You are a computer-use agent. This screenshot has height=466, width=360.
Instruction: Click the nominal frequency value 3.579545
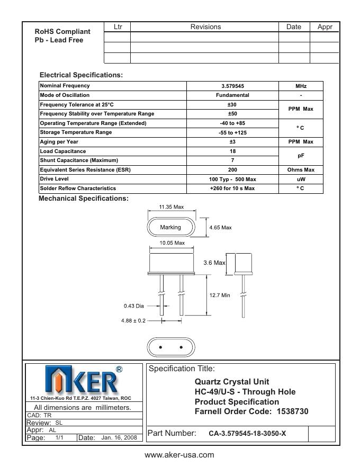click(x=232, y=86)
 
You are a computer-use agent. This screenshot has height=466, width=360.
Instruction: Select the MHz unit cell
click(x=301, y=86)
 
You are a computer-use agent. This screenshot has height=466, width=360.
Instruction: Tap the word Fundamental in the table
click(x=232, y=95)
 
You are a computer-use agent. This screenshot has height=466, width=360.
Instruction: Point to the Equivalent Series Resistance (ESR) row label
click(x=85, y=169)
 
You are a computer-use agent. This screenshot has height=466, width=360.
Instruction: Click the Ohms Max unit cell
click(x=301, y=169)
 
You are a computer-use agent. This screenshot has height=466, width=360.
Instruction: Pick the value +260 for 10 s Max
click(x=232, y=189)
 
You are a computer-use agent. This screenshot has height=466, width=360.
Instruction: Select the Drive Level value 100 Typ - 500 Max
click(x=232, y=179)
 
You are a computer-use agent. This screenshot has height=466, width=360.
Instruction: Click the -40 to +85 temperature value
click(x=232, y=123)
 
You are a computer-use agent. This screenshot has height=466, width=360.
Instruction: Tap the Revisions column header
click(x=205, y=27)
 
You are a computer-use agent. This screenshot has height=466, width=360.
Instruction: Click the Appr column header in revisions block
click(x=325, y=27)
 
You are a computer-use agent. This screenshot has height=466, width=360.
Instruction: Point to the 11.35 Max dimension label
click(x=171, y=207)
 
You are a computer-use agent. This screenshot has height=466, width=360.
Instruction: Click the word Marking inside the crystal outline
click(x=170, y=227)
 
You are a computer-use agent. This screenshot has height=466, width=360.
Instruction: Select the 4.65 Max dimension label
click(x=221, y=228)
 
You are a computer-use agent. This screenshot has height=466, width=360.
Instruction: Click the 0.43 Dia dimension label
click(x=134, y=306)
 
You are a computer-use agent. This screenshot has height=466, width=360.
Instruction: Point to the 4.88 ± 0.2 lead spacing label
click(x=133, y=320)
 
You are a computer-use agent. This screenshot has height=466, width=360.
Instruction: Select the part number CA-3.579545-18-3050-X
click(x=247, y=433)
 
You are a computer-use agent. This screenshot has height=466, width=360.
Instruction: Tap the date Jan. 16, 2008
click(x=119, y=438)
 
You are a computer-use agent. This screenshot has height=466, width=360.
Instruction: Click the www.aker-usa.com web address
click(x=179, y=455)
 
